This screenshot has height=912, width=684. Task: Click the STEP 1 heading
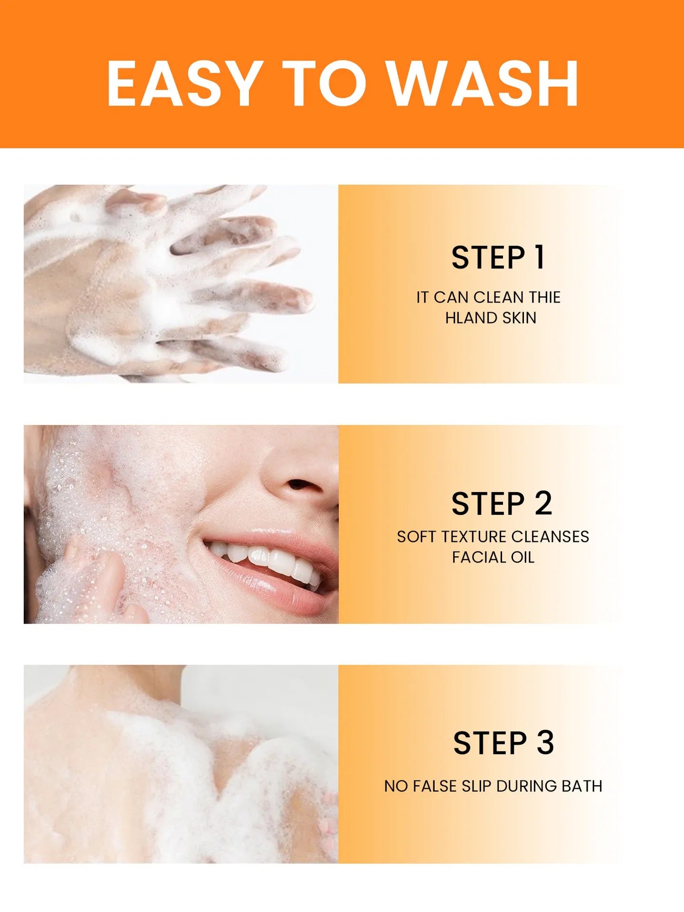click(x=497, y=258)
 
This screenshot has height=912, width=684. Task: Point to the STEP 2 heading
click(x=502, y=504)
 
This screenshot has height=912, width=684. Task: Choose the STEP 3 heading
click(x=503, y=743)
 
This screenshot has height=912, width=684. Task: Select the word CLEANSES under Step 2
click(x=551, y=537)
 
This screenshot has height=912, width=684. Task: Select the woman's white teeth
click(x=268, y=560)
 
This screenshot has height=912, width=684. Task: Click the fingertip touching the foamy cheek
click(x=109, y=563)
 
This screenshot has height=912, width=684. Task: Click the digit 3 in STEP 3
click(x=545, y=743)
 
